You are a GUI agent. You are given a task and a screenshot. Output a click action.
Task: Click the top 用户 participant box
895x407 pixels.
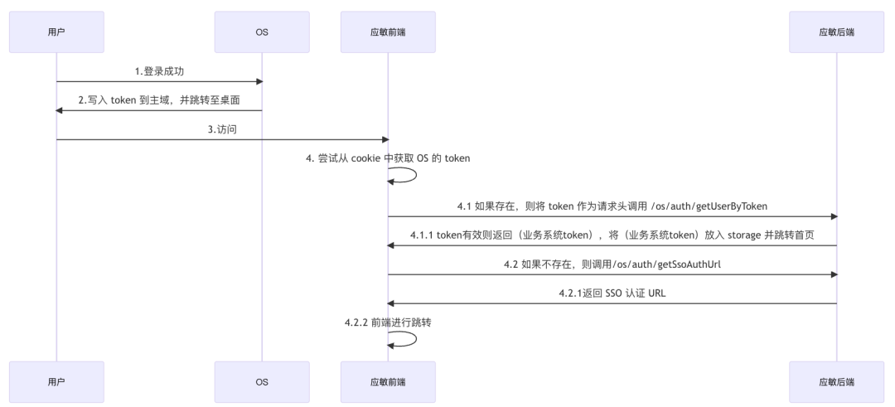56,32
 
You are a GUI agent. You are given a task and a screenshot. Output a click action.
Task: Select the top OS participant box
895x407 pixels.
261,32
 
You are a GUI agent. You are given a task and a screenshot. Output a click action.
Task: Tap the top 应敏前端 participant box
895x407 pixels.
388,32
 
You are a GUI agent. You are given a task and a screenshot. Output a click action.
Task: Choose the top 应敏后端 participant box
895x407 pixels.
836,32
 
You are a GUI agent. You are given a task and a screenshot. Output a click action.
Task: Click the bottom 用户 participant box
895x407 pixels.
56,382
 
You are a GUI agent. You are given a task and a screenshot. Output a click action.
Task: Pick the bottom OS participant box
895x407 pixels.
261,382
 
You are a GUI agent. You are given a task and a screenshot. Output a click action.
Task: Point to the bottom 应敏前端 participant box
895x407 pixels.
388,382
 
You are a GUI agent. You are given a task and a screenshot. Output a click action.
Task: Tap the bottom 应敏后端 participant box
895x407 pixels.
836,382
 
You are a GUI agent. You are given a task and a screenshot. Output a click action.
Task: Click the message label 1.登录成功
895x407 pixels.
159,71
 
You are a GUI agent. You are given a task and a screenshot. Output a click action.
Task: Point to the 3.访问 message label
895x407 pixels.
222,129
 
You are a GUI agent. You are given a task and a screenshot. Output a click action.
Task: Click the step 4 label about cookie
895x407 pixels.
388,158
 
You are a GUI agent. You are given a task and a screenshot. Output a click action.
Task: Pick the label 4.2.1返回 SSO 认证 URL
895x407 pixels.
612,293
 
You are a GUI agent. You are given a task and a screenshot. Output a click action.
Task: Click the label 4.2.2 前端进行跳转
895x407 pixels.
388,322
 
